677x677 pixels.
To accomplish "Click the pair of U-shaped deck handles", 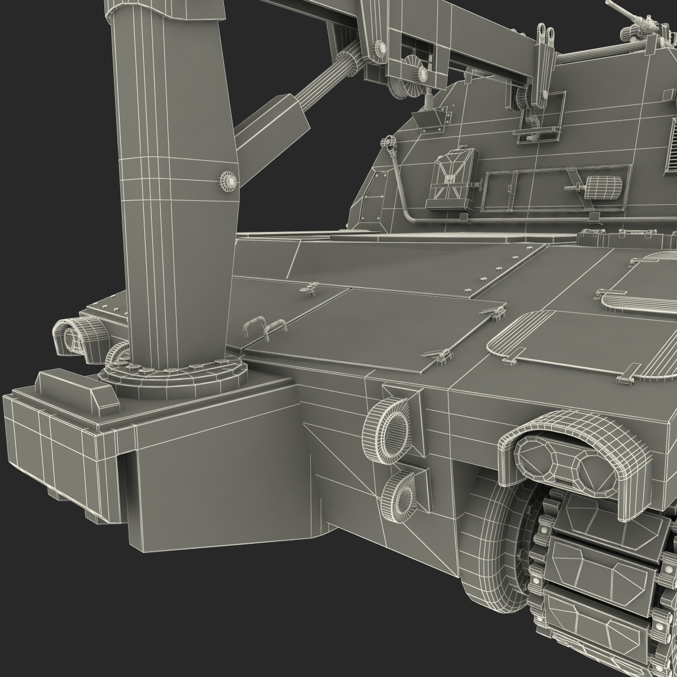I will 265,327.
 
